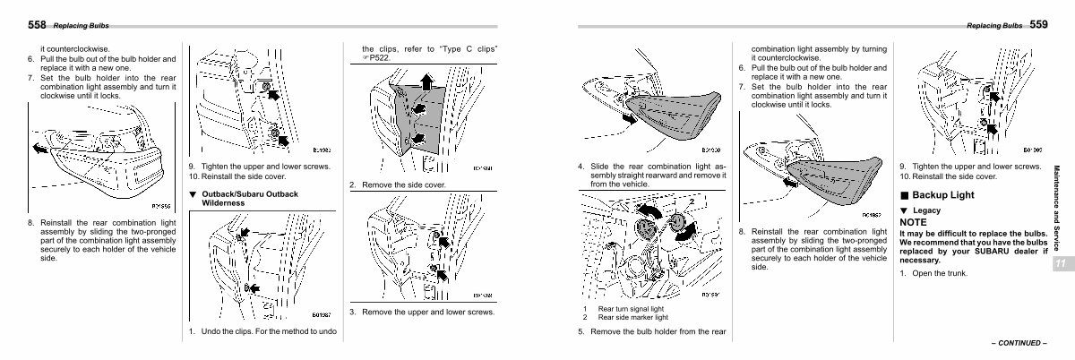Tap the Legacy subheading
pyautogui.click(x=926, y=210)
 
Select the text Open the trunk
pyautogui.click(x=940, y=272)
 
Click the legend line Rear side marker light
pyautogui.click(x=632, y=317)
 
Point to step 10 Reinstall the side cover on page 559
pyautogui.click(x=950, y=176)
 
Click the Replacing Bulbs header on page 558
pyautogui.click(x=81, y=25)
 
